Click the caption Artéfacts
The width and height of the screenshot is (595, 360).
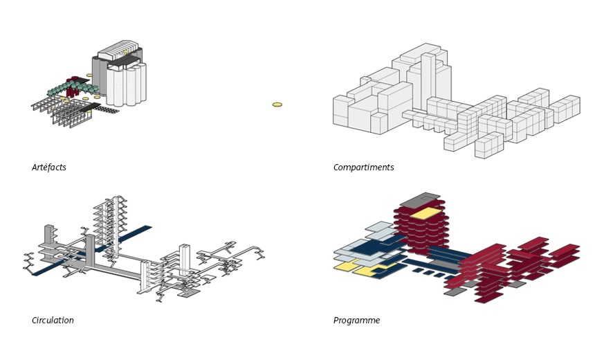coord(49,168)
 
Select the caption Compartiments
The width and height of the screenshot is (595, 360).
coord(363,168)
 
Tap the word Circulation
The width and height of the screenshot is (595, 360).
coord(53,321)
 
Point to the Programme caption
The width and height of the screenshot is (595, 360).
coord(356,321)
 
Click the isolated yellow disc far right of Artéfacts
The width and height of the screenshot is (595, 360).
coord(277,105)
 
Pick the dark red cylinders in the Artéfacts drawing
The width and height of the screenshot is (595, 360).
coord(71,89)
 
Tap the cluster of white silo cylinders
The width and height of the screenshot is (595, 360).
coord(128,84)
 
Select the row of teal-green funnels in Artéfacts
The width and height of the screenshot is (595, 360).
coord(73,88)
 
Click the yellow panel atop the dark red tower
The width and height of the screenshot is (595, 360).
coord(426,213)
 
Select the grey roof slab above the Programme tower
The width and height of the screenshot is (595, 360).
coord(419,200)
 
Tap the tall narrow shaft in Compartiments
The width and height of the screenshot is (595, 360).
coord(428,80)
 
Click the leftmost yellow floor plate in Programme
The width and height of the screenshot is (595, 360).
coord(345,267)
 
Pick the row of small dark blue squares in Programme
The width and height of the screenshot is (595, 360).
coord(429,273)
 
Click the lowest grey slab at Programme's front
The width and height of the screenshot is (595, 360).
coord(455,292)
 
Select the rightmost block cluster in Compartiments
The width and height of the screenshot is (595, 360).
coord(565,107)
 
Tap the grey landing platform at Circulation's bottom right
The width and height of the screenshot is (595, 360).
coord(188,294)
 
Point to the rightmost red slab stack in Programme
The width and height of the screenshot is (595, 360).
coord(565,255)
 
